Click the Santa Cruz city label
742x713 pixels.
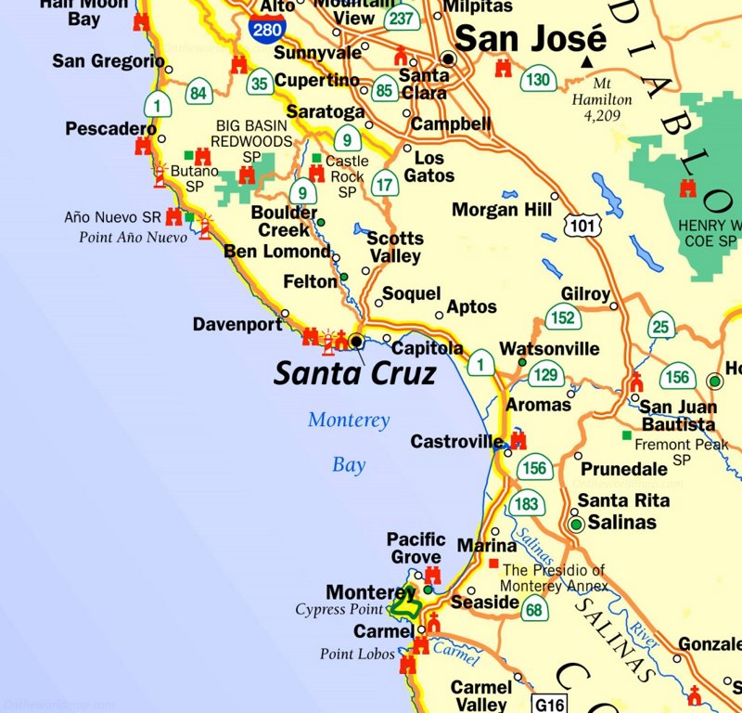[354, 373]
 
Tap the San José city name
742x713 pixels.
[531, 40]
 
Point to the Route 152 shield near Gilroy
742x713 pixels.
[562, 318]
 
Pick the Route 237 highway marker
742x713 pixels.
[402, 19]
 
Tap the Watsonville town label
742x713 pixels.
[549, 349]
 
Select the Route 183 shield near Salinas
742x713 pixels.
[525, 504]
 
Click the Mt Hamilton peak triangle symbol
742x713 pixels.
[586, 62]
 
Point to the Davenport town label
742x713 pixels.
[237, 324]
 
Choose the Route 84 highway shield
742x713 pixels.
[198, 93]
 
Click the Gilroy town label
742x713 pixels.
[586, 294]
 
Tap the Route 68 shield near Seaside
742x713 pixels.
[533, 610]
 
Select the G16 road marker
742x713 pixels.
[548, 703]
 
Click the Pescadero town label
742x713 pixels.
[110, 129]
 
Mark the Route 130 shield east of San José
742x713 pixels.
[537, 80]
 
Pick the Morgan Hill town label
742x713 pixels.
[502, 210]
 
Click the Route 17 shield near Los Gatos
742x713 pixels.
[385, 184]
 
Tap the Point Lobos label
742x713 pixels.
[357, 654]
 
